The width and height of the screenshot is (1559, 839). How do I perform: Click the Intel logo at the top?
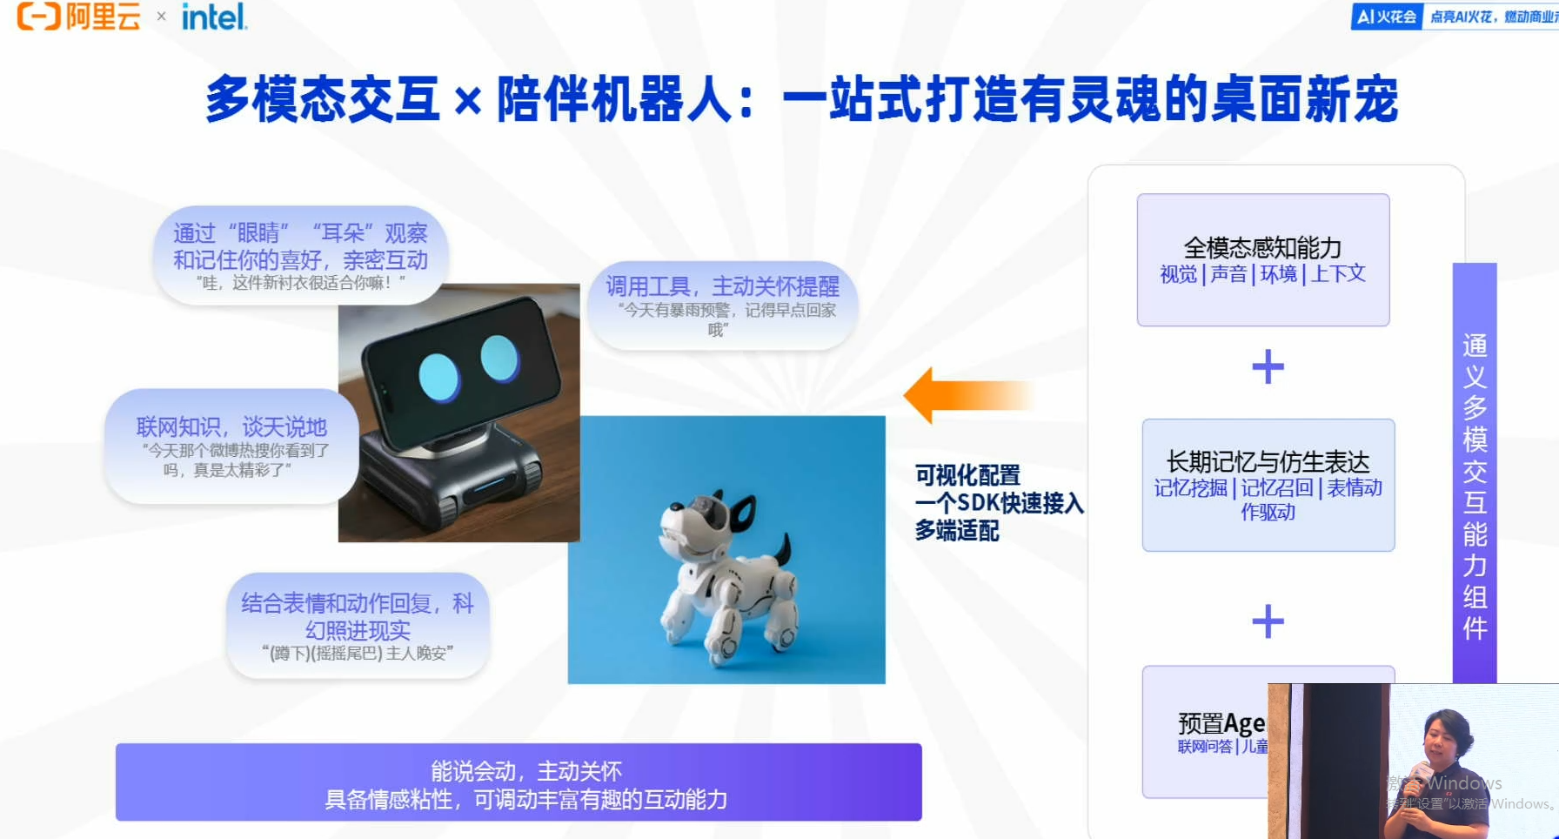pyautogui.click(x=214, y=17)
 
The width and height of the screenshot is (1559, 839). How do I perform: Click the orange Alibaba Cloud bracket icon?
pyautogui.click(x=39, y=16)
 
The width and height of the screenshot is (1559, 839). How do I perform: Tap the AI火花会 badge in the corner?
pyautogui.click(x=1387, y=17)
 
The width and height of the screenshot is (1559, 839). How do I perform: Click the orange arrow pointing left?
pyautogui.click(x=966, y=395)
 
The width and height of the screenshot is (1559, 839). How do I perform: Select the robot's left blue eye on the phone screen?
pyautogui.click(x=438, y=377)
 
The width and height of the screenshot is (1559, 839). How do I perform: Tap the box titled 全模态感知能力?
pyautogui.click(x=1262, y=259)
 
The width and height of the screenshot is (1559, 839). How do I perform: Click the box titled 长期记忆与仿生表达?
pyautogui.click(x=1268, y=485)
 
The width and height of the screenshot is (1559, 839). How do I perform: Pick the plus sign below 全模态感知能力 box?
pyautogui.click(x=1268, y=366)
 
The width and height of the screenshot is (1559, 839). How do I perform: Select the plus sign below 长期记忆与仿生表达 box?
pyautogui.click(x=1268, y=621)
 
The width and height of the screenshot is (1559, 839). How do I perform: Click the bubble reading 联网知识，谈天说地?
pyautogui.click(x=231, y=446)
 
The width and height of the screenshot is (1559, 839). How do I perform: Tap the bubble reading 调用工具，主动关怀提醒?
pyautogui.click(x=722, y=305)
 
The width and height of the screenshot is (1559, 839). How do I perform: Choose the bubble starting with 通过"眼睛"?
pyautogui.click(x=300, y=255)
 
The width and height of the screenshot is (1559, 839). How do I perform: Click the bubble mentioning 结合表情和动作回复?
pyautogui.click(x=358, y=626)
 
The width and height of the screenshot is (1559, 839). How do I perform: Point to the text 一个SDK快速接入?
pyautogui.click(x=999, y=503)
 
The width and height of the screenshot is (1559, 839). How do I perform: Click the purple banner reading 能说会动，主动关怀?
pyautogui.click(x=519, y=782)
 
